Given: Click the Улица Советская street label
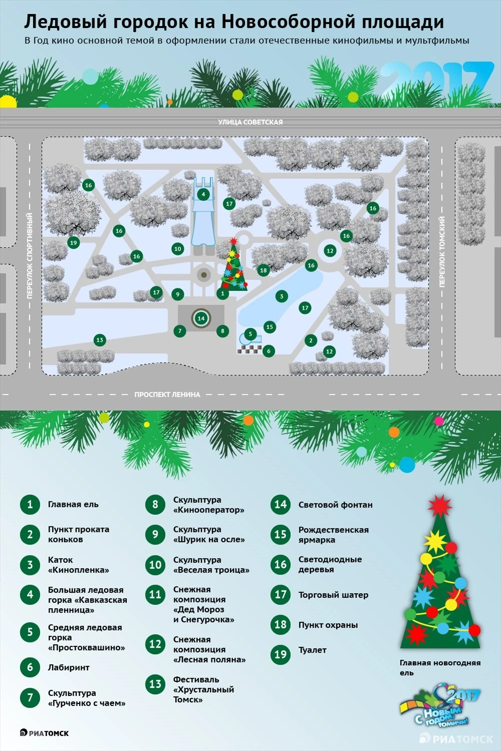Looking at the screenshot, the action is pyautogui.click(x=250, y=122).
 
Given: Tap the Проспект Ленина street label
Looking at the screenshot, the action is pyautogui.click(x=167, y=395).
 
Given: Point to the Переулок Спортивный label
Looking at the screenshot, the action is pyautogui.click(x=30, y=256).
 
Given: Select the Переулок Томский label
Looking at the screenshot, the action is pyautogui.click(x=442, y=252).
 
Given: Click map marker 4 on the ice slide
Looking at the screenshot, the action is pyautogui.click(x=203, y=194).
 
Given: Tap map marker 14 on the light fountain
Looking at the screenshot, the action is pyautogui.click(x=201, y=318).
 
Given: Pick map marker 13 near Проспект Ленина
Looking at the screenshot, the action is pyautogui.click(x=100, y=340).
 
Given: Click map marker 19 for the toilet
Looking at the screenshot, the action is pyautogui.click(x=74, y=242).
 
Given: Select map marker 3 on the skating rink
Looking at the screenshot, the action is pyautogui.click(x=282, y=296).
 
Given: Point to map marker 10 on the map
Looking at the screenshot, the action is pyautogui.click(x=177, y=249).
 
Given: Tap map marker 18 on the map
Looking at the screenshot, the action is pyautogui.click(x=263, y=270).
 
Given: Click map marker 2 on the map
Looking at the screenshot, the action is pyautogui.click(x=311, y=340).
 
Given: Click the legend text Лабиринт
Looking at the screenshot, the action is pyautogui.click(x=69, y=667).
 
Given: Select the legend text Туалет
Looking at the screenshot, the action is pyautogui.click(x=312, y=650).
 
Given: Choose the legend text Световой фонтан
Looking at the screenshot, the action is pyautogui.click(x=335, y=505).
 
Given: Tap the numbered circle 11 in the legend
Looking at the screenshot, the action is pyautogui.click(x=155, y=594).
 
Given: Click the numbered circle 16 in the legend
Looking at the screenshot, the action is pyautogui.click(x=281, y=565).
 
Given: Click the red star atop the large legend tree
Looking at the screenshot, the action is pyautogui.click(x=440, y=506).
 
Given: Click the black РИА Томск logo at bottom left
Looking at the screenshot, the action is pyautogui.click(x=44, y=733).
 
